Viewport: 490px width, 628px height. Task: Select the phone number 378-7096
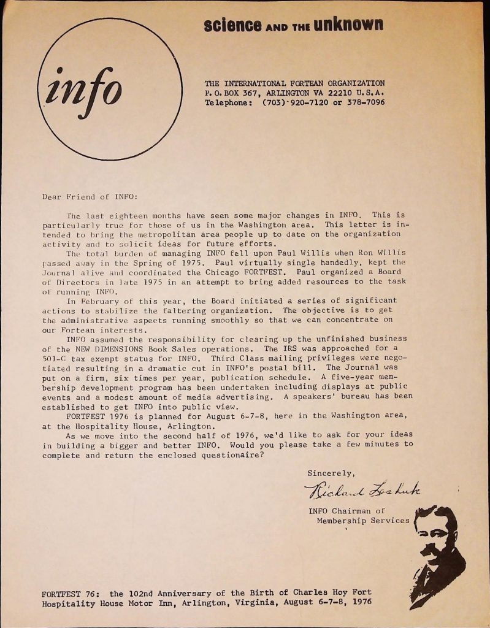[364, 102]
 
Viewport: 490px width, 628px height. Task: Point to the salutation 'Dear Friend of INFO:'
[90, 197]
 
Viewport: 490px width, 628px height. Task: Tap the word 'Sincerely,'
[331, 473]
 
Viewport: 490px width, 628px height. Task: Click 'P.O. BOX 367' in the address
[230, 93]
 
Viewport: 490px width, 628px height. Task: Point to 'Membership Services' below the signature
[362, 521]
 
